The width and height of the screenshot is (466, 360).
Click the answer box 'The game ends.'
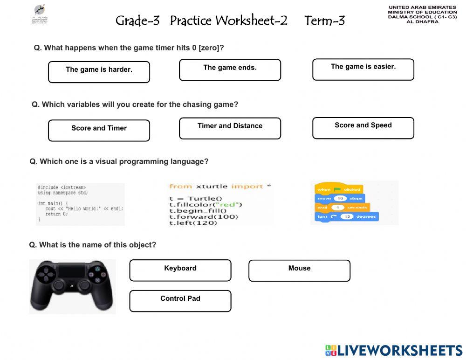230,70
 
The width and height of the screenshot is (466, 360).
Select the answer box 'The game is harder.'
99,72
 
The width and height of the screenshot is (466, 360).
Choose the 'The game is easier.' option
363,69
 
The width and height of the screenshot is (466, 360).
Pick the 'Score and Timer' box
99,130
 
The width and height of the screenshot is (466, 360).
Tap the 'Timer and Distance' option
230,128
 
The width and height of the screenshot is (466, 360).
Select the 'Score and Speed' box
363,128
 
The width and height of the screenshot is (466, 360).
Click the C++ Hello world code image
80,204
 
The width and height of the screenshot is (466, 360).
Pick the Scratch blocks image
354,203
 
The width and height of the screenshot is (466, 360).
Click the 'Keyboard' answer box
180,270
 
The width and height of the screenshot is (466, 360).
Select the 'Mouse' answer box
299,270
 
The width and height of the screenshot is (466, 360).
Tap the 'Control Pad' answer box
180,301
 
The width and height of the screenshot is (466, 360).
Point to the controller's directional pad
46,275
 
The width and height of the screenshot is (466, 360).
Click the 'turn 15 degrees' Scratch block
347,217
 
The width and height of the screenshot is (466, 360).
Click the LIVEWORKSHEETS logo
394,351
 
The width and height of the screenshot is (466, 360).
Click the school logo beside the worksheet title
40,15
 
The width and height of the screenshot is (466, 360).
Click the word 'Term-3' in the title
324,21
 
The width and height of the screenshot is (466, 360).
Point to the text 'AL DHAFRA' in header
422,21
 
